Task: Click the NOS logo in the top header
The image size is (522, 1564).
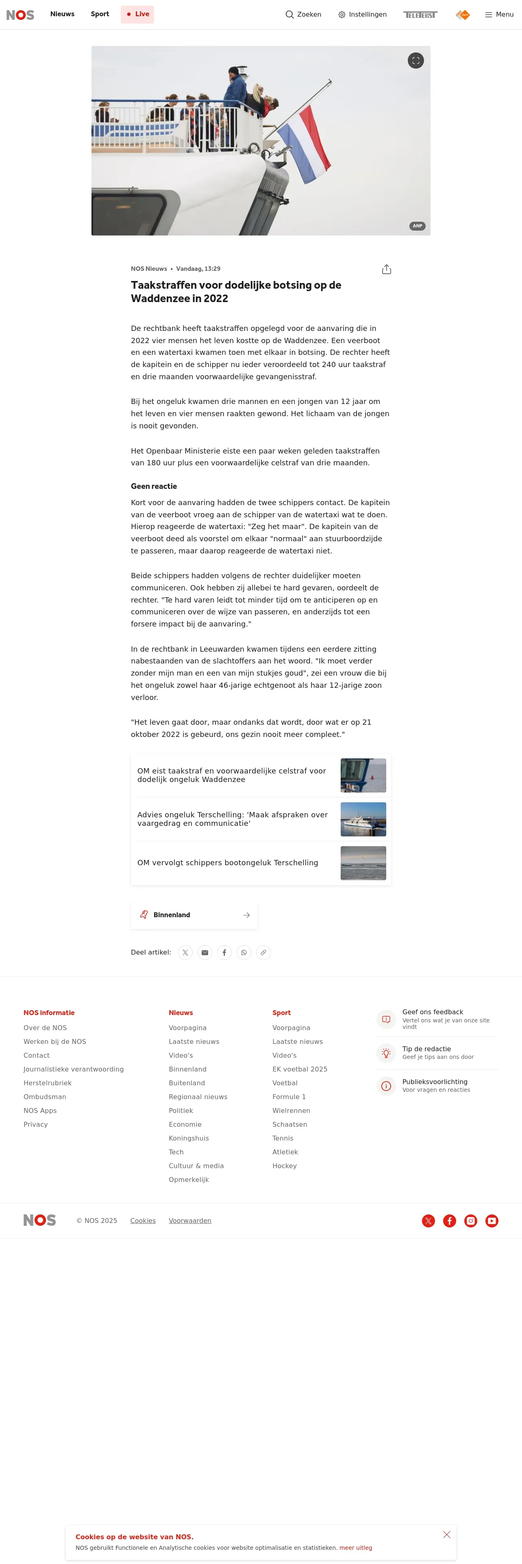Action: click(x=20, y=15)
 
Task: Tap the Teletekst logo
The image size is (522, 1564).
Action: click(x=420, y=15)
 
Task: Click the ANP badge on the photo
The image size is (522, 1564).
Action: click(x=418, y=226)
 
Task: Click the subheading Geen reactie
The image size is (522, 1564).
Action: click(x=154, y=486)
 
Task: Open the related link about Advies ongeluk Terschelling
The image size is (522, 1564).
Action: click(x=233, y=819)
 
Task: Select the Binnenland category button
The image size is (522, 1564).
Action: click(x=194, y=915)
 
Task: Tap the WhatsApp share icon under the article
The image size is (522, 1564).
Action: click(x=244, y=953)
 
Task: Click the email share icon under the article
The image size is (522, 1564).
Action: click(x=205, y=953)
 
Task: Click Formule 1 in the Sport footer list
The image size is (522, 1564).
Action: click(x=289, y=1097)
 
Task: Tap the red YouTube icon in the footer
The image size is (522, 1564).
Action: click(x=492, y=1221)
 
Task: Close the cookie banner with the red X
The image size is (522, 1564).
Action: click(x=447, y=1535)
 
